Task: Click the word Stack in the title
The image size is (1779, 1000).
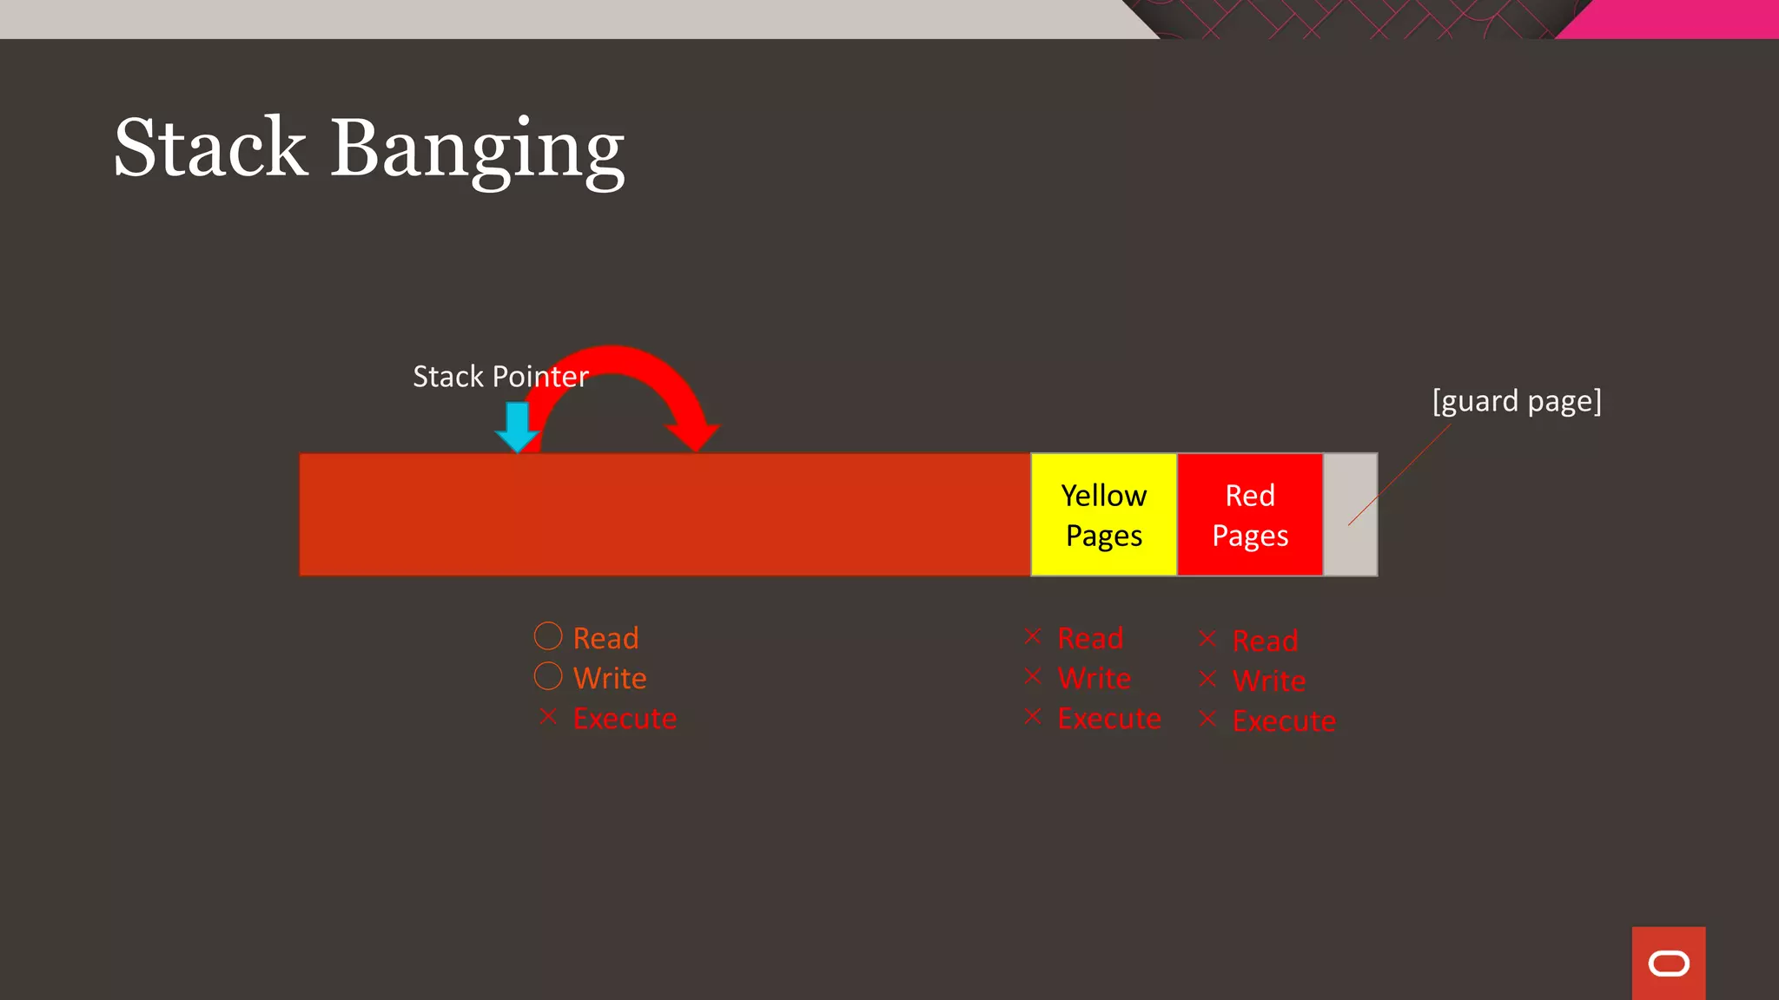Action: pyautogui.click(x=210, y=148)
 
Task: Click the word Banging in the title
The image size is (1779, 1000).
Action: pyautogui.click(x=477, y=149)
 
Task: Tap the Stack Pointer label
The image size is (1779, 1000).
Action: pyautogui.click(x=500, y=377)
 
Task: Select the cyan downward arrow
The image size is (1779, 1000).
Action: pyautogui.click(x=518, y=426)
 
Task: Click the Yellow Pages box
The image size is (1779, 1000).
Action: pyautogui.click(x=1103, y=515)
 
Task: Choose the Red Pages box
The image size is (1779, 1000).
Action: pyautogui.click(x=1250, y=515)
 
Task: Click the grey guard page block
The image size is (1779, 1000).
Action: pyautogui.click(x=1350, y=515)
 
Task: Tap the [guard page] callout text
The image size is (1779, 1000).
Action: pyautogui.click(x=1517, y=401)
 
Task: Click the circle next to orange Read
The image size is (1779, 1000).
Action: pyautogui.click(x=548, y=636)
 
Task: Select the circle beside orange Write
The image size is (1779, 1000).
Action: pyautogui.click(x=548, y=676)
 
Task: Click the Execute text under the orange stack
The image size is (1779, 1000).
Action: pyautogui.click(x=625, y=719)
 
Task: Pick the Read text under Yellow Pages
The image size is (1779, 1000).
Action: pyautogui.click(x=1090, y=639)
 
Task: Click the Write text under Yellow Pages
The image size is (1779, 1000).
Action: pyautogui.click(x=1094, y=679)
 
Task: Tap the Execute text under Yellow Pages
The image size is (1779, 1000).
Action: pyautogui.click(x=1109, y=719)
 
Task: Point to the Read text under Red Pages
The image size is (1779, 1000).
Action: pyautogui.click(x=1265, y=641)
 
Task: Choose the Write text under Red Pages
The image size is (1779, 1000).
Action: pyautogui.click(x=1269, y=681)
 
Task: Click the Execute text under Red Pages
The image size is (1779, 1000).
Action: pyautogui.click(x=1284, y=721)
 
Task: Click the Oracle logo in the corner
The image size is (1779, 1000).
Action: pyautogui.click(x=1669, y=964)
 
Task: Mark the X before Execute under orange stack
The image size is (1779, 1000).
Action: pyautogui.click(x=548, y=717)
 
